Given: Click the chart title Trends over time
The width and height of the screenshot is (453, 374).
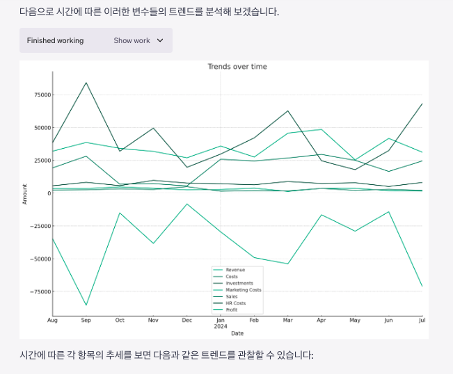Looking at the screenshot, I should pos(237,67).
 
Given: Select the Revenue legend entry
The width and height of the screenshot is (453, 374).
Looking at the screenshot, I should pos(235,270).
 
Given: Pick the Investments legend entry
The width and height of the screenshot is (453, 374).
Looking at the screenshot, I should pos(239,283).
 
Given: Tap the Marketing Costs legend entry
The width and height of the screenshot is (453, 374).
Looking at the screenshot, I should pos(244,290).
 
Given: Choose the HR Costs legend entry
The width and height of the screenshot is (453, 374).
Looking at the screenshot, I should pos(236,303).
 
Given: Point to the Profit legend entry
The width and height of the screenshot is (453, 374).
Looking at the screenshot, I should pos(232,310).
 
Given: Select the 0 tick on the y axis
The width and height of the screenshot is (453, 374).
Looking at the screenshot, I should pos(47,193).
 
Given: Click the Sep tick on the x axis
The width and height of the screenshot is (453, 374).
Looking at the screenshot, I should pos(86,320).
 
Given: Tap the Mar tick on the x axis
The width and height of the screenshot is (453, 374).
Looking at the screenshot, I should pos(287,320).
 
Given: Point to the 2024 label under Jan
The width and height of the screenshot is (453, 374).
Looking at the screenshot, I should pos(221,326).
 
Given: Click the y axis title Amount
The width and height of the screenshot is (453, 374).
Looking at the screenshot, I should pos(24,193).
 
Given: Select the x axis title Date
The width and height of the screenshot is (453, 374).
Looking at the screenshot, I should pos(237,334).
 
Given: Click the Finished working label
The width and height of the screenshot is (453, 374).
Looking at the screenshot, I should pos(55,40).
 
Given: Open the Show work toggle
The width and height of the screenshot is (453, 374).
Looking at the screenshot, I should pos(132,40).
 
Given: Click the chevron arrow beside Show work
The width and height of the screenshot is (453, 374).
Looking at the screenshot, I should pos(160,40).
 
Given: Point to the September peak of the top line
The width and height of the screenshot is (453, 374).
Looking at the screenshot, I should pos(86,83).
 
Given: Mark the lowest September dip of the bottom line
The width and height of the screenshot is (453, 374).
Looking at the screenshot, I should pos(86,305).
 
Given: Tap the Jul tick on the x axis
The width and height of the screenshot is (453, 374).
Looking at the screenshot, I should pos(421,320).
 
